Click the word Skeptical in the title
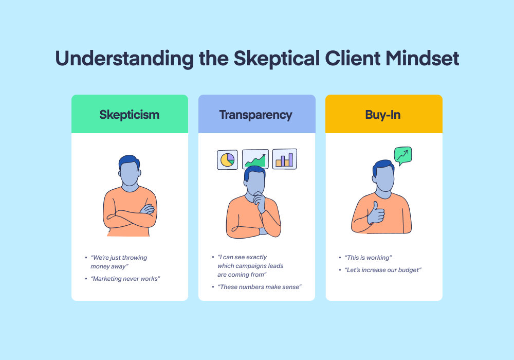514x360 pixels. pyautogui.click(x=277, y=59)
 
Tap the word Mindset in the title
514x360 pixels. pyautogui.click(x=422, y=58)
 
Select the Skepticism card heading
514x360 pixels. pyautogui.click(x=130, y=115)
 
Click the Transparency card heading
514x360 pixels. pyautogui.click(x=255, y=115)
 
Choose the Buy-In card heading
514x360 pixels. pyautogui.click(x=383, y=115)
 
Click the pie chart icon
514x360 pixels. pyautogui.click(x=227, y=160)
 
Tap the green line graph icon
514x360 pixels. pyautogui.click(x=255, y=159)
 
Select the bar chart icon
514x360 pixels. pyautogui.click(x=285, y=159)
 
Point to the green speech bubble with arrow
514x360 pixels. pyautogui.click(x=403, y=155)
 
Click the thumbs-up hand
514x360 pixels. pyautogui.click(x=376, y=213)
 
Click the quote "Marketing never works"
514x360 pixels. pyautogui.click(x=125, y=279)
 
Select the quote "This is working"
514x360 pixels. pyautogui.click(x=368, y=258)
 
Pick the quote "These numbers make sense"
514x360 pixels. pyautogui.click(x=260, y=287)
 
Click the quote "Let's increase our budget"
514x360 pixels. pyautogui.click(x=383, y=270)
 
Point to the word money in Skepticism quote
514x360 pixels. pyautogui.click(x=100, y=266)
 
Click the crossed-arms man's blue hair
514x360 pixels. pyautogui.click(x=129, y=161)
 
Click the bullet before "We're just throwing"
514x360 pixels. pyautogui.click(x=86, y=258)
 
